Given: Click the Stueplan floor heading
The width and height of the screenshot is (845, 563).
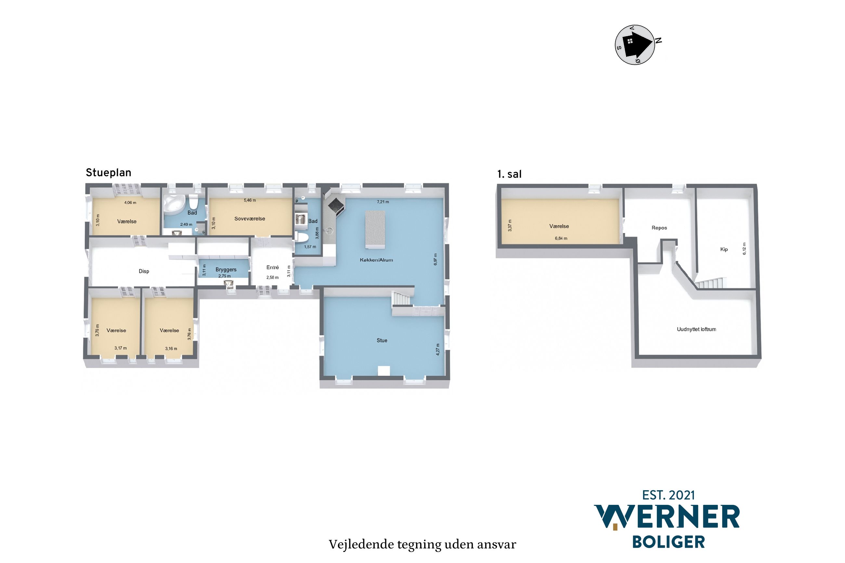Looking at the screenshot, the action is (109, 173).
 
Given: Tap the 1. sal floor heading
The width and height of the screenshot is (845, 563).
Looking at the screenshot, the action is (509, 174).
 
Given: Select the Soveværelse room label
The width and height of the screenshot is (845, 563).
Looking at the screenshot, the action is (250, 219).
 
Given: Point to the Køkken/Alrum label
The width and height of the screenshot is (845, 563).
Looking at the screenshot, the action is (376, 260).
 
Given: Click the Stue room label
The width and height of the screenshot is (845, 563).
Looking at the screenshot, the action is (382, 340).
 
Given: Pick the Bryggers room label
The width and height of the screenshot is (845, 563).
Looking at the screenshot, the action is (226, 270).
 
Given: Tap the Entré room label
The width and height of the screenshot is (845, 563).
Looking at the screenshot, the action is (273, 267).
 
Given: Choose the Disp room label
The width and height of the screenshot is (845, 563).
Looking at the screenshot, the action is (144, 271).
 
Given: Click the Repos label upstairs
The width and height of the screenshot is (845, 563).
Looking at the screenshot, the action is (659, 228).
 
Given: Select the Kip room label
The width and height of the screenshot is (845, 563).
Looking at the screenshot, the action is (724, 249).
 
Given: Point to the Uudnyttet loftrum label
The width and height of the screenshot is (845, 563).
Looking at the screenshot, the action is (696, 329).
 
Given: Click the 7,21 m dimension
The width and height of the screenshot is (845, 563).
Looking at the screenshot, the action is (383, 202).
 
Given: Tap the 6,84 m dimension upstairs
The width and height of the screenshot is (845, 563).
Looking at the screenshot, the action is (561, 238).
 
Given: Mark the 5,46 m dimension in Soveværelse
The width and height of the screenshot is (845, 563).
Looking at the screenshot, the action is (250, 200).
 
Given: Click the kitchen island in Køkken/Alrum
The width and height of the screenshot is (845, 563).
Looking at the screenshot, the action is (375, 230).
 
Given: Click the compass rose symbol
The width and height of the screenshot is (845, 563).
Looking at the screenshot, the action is (635, 45).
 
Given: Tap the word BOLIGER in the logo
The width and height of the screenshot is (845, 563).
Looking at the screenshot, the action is (668, 542).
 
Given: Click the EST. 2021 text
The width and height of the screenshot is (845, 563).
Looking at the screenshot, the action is (668, 495).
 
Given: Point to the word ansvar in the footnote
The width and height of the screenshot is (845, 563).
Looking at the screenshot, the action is (497, 545).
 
